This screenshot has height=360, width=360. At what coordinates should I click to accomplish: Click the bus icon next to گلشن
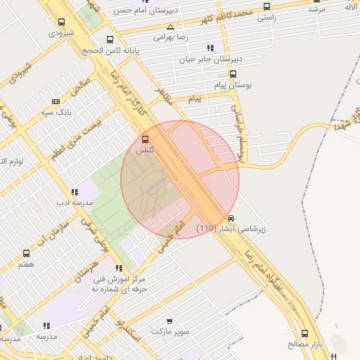coord(146,139)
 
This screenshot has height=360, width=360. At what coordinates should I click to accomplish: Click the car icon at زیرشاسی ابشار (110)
coord(231,218)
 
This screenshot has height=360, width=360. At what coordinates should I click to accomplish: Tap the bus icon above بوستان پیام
coord(233,74)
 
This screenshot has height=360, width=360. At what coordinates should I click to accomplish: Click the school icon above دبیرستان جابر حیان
coord(210,49)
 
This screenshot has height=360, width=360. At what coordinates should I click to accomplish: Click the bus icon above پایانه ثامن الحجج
coord(109,40)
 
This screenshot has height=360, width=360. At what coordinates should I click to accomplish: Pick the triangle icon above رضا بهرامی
coord(170,26)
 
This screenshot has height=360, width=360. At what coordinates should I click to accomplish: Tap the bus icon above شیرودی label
coord(62,22)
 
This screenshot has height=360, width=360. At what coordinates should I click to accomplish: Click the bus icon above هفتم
coord(27,253)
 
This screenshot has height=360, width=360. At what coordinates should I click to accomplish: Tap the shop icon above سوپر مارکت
coord(168,320)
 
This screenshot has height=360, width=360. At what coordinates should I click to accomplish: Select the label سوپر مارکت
coord(169,330)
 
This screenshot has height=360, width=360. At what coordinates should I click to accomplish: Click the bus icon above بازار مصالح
coord(304,333)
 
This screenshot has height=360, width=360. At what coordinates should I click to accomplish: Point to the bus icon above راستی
coord(266,7)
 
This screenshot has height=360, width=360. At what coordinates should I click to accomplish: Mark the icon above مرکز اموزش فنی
coord(118,268)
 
